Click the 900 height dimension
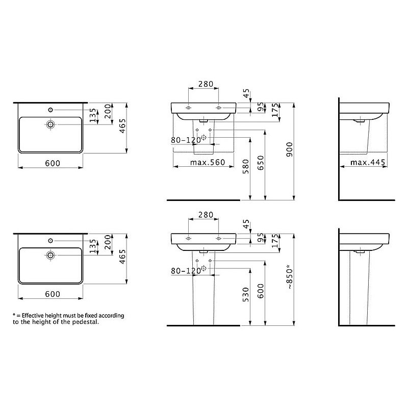point(289,149)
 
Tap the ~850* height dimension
point(289,277)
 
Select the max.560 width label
point(208,162)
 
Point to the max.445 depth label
point(367,162)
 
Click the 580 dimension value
point(246,167)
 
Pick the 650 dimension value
point(261,163)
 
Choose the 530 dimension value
point(246,295)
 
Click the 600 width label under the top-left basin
point(53,163)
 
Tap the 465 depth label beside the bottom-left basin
point(122,257)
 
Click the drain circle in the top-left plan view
point(50,124)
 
